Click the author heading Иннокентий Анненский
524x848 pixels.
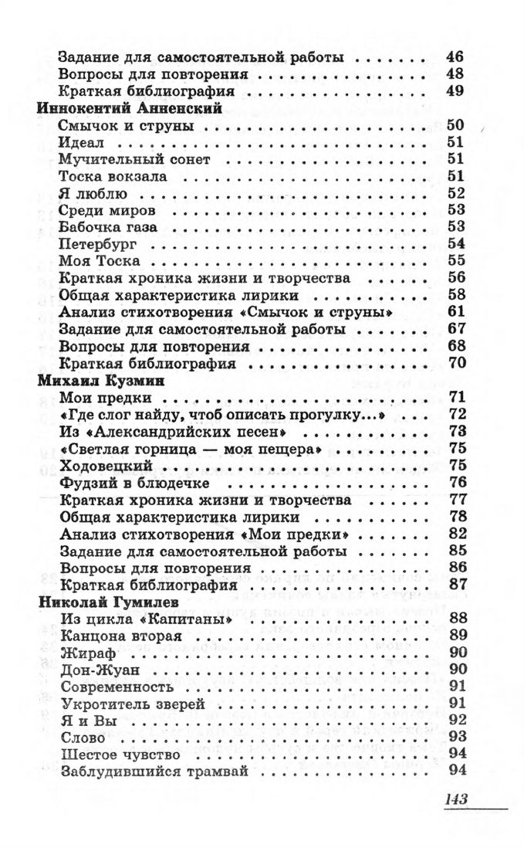[x=130, y=108]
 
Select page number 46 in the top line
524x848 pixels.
[x=455, y=57]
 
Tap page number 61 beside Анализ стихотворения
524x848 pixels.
[x=455, y=311]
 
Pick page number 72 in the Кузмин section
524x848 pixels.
[x=456, y=415]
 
